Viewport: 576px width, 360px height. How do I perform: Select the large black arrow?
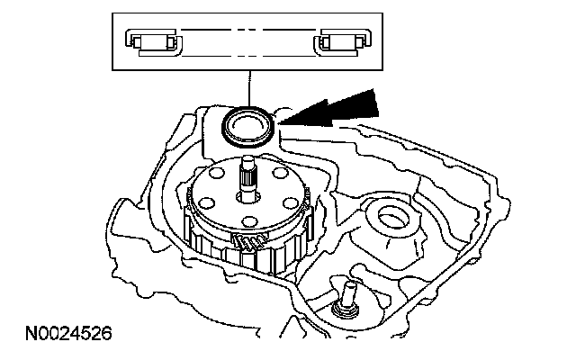tap(337, 106)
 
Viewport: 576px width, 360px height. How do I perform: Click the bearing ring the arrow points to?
tap(248, 123)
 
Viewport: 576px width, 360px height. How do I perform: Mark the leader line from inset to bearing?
tap(249, 86)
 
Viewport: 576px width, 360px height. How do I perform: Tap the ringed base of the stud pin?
tap(342, 310)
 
